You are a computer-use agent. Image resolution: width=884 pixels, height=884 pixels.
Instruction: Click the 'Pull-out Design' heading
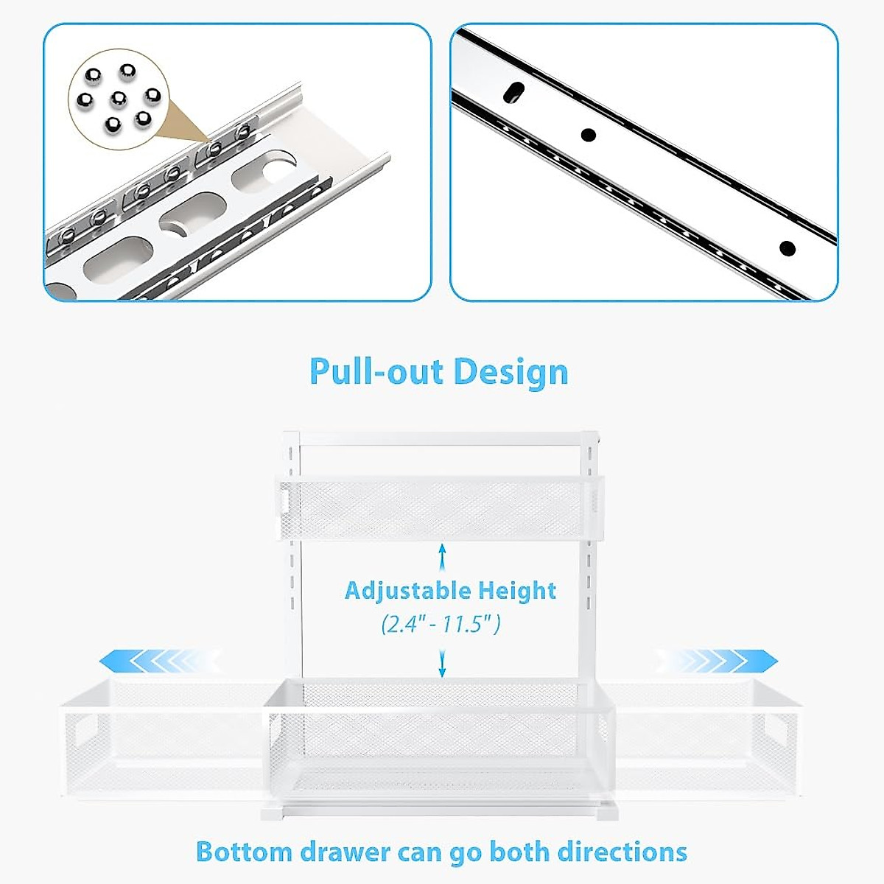[x=439, y=371]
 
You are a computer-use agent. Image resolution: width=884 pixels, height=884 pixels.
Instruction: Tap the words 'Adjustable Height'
[x=450, y=590]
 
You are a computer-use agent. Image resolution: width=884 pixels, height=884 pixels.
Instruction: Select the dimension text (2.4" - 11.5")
[x=441, y=625]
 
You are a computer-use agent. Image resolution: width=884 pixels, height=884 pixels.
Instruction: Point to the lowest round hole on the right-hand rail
[x=787, y=248]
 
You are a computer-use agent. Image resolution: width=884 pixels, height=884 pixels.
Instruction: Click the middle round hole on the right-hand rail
[x=588, y=135]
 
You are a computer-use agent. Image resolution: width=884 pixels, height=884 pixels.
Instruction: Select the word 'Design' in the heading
[x=510, y=371]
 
